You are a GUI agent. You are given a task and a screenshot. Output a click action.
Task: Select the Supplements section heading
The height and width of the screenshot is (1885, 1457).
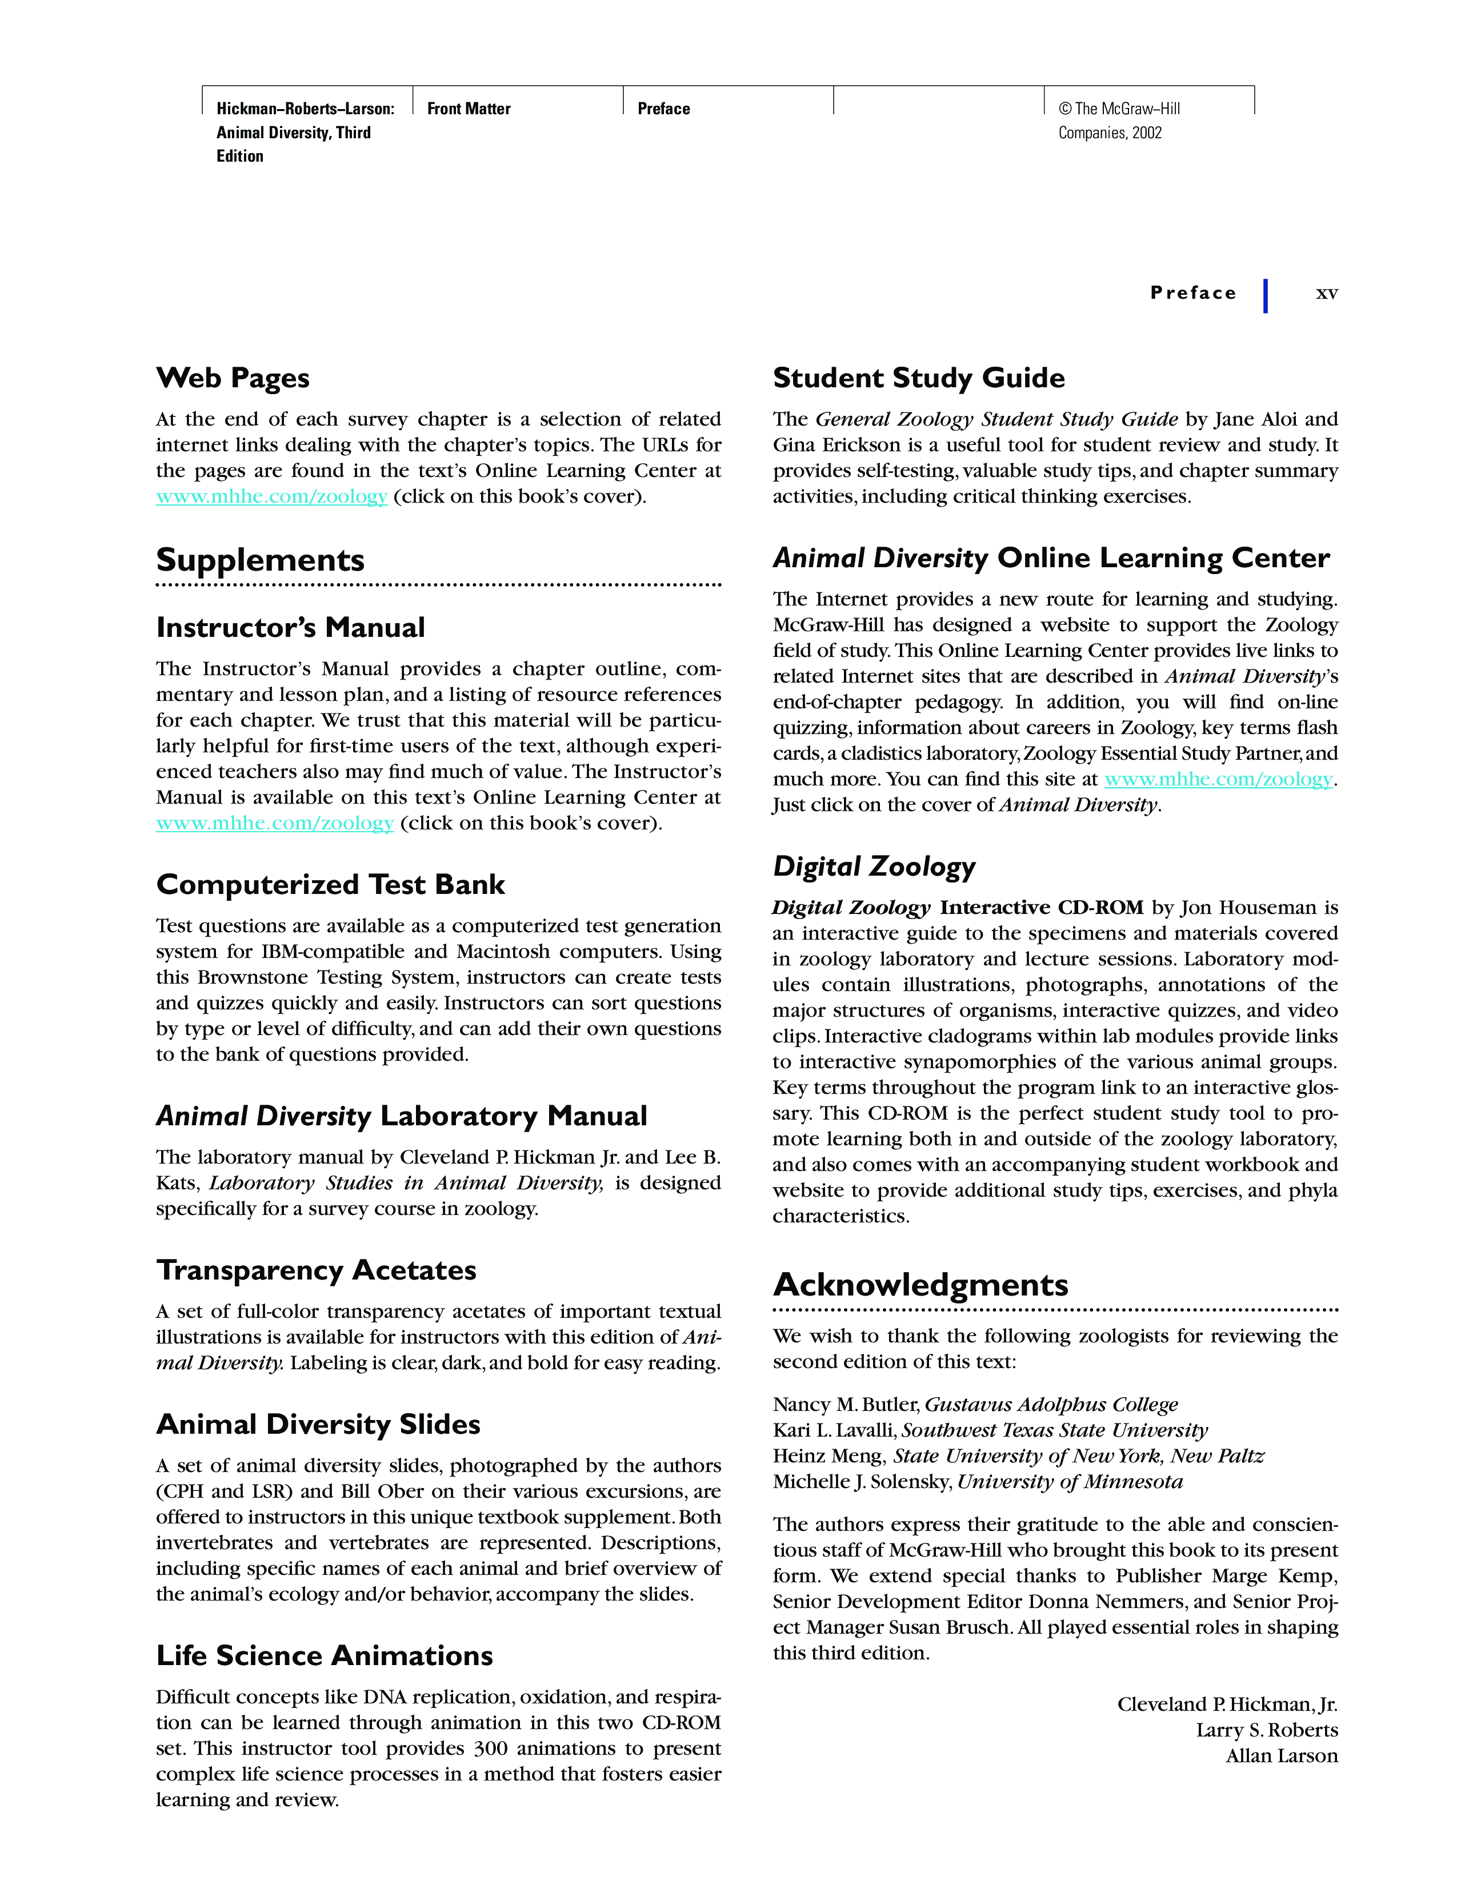pyautogui.click(x=260, y=560)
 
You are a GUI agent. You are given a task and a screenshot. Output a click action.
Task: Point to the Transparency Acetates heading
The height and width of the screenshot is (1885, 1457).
pyautogui.click(x=316, y=1270)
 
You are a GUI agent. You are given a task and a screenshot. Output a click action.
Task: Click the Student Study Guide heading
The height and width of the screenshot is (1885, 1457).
pyautogui.click(x=918, y=378)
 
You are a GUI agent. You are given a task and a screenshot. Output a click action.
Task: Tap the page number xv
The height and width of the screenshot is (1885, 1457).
pyautogui.click(x=1326, y=294)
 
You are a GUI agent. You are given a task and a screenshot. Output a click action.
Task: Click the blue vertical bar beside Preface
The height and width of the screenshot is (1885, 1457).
pyautogui.click(x=1266, y=295)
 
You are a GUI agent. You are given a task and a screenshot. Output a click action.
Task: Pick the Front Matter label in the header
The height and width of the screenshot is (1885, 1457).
pyautogui.click(x=469, y=109)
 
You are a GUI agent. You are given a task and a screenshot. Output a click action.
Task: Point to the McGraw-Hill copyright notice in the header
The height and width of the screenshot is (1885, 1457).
pyautogui.click(x=1119, y=121)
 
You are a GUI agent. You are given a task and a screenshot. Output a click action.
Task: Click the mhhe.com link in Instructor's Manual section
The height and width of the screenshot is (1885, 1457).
pyautogui.click(x=274, y=823)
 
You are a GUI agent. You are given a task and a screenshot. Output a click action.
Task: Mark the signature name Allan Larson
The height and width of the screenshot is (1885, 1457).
pyautogui.click(x=1282, y=1756)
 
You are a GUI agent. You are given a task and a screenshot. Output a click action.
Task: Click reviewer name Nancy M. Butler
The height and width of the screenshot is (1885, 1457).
pyautogui.click(x=845, y=1405)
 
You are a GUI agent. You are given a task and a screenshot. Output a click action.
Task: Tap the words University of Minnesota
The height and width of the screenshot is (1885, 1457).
pyautogui.click(x=1070, y=1482)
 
